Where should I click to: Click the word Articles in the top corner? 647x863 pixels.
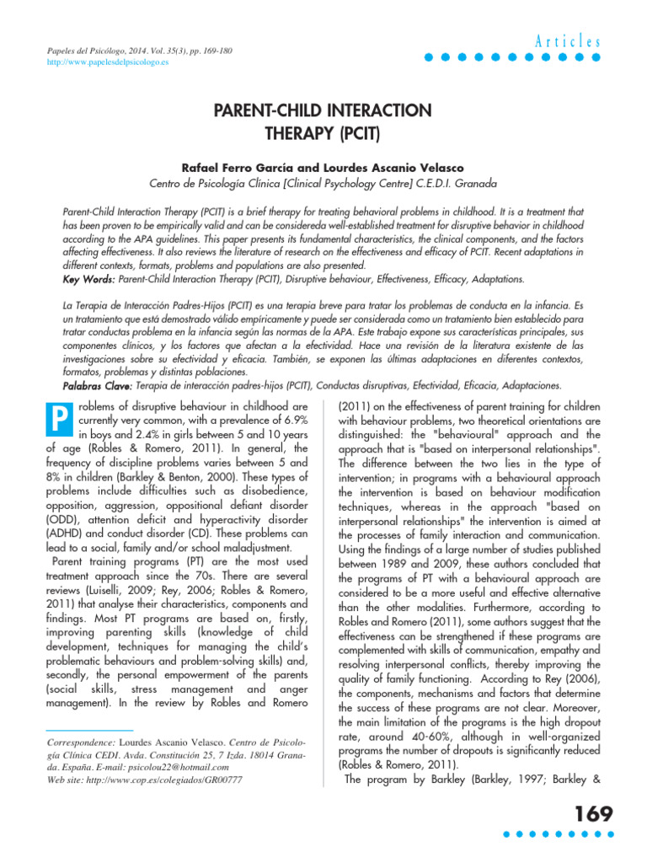click(x=567, y=41)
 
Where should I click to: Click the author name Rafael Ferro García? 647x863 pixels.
click(x=253, y=169)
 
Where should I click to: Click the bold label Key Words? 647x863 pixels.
click(x=90, y=278)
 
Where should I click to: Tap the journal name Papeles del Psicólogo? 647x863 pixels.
click(x=88, y=51)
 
